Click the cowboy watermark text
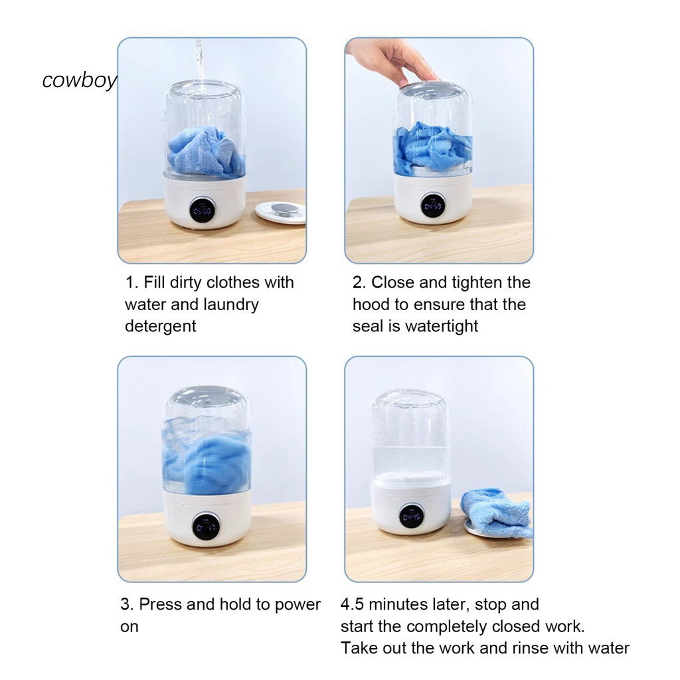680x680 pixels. [x=80, y=80]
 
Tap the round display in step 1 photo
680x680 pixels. [x=203, y=211]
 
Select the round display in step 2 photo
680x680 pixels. [x=433, y=206]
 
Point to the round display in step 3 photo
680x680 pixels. [x=206, y=527]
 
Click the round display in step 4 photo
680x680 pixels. [x=411, y=516]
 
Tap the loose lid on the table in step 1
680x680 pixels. [x=280, y=212]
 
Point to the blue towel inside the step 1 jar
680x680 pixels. [x=207, y=152]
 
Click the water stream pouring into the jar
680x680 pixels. [x=199, y=65]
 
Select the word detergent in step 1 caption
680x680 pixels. [x=161, y=326]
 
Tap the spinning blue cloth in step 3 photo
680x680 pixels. [x=207, y=461]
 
